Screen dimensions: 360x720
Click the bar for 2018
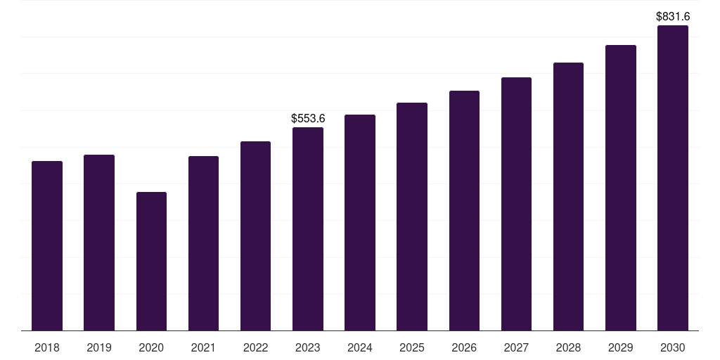pyautogui.click(x=47, y=245)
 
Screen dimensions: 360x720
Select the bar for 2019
pyautogui.click(x=99, y=243)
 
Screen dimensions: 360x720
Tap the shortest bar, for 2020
pyautogui.click(x=151, y=261)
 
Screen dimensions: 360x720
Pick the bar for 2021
pyautogui.click(x=203, y=243)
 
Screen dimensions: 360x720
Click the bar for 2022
pyautogui.click(x=255, y=236)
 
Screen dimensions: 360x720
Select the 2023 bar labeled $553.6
pyautogui.click(x=308, y=229)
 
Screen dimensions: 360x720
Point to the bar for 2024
pyautogui.click(x=360, y=222)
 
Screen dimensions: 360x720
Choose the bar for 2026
pyautogui.click(x=464, y=210)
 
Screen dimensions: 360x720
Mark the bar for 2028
pyautogui.click(x=568, y=196)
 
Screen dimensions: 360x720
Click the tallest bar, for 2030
pyautogui.click(x=672, y=178)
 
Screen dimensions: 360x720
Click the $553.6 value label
pyautogui.click(x=308, y=118)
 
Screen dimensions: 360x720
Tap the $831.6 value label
pyautogui.click(x=672, y=16)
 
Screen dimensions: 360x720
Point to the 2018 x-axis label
pyautogui.click(x=47, y=347)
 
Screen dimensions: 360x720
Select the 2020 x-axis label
pyautogui.click(x=151, y=347)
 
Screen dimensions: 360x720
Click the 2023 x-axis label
pyautogui.click(x=308, y=347)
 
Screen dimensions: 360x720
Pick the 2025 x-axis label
pyautogui.click(x=412, y=347)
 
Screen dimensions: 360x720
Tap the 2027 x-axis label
pyautogui.click(x=516, y=347)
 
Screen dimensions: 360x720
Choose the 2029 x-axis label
pyautogui.click(x=620, y=347)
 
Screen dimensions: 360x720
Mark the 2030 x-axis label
pyautogui.click(x=672, y=347)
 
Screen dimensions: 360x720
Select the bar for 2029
pyautogui.click(x=620, y=188)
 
